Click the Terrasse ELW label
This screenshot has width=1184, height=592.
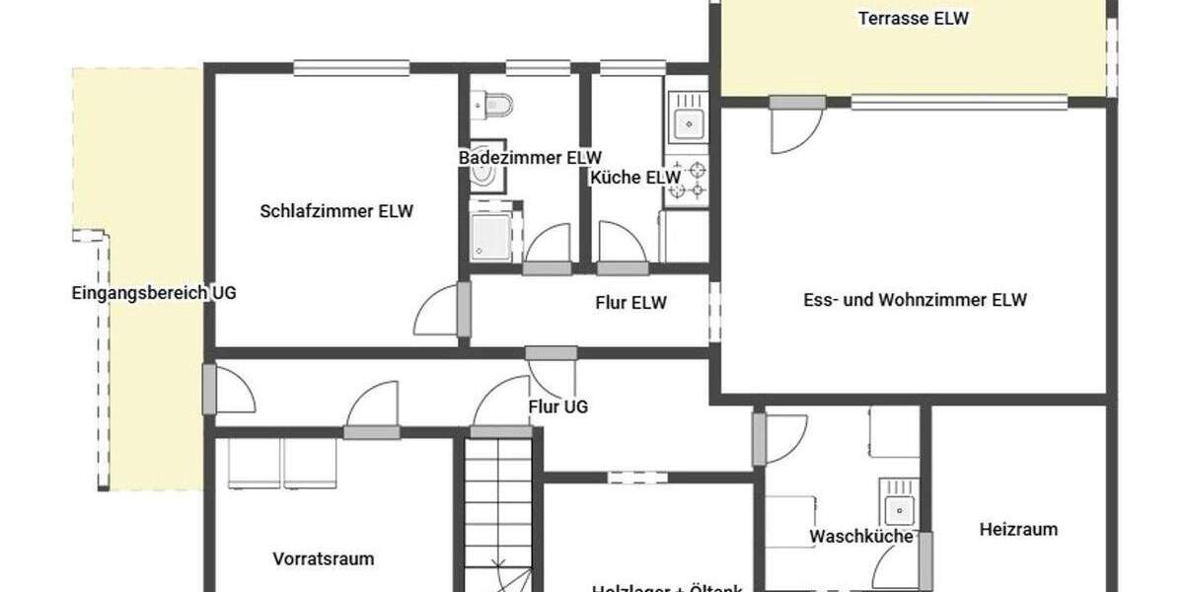[x=913, y=18]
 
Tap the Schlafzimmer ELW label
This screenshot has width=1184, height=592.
[x=336, y=210]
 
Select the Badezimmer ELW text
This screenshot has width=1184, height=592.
[x=530, y=157]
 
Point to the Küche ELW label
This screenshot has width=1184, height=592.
[x=636, y=178]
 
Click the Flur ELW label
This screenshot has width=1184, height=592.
[x=630, y=303]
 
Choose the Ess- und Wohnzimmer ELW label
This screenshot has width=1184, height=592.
[x=915, y=300]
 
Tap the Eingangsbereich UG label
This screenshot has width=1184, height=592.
[x=154, y=292]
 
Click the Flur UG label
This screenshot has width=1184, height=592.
[x=558, y=406]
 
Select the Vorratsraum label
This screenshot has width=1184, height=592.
[x=324, y=558]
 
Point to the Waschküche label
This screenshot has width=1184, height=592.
[x=860, y=537]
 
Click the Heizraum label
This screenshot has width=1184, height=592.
[x=1018, y=529]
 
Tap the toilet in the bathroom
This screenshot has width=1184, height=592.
[x=494, y=104]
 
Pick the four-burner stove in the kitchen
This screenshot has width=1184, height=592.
[x=688, y=180]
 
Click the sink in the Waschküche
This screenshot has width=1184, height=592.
[x=898, y=509]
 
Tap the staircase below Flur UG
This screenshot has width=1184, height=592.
[x=498, y=513]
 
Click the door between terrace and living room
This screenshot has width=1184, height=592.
[x=796, y=125]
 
